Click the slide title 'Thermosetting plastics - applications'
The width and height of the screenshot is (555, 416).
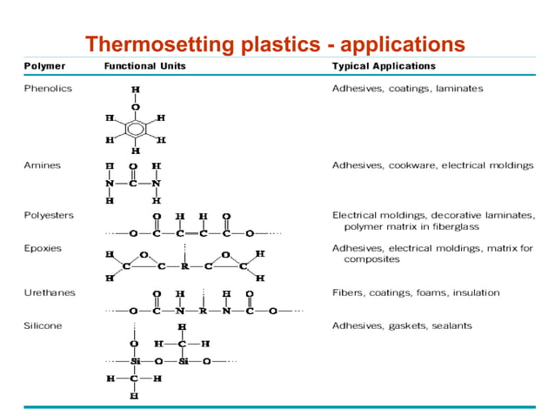(x=274, y=44)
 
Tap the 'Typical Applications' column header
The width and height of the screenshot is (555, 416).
(x=384, y=66)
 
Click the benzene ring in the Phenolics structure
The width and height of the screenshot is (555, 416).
(x=134, y=129)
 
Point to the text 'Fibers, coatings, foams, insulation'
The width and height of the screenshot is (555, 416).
(x=416, y=292)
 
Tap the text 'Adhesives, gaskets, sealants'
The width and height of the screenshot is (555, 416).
(x=402, y=325)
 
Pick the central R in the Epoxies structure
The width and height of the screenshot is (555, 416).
(x=184, y=266)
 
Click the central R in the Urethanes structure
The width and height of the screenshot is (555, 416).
(x=201, y=309)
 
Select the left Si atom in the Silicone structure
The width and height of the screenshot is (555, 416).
(x=135, y=360)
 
